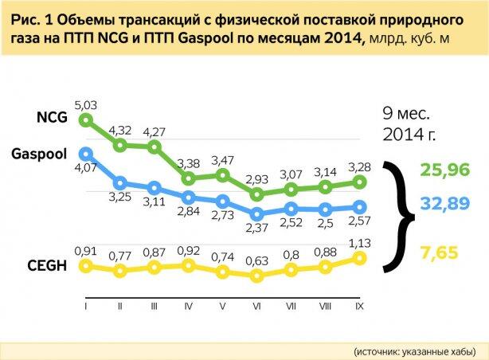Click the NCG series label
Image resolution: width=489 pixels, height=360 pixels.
click(x=53, y=118)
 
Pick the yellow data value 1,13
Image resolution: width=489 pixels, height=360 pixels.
click(x=359, y=245)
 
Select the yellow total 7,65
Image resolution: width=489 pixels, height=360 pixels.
click(x=440, y=252)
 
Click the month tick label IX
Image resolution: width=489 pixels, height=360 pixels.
click(x=360, y=305)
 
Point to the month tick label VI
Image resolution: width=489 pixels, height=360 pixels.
click(x=256, y=305)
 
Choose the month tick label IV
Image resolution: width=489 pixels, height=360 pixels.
click(x=189, y=305)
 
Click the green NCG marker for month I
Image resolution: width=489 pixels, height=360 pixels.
click(x=86, y=121)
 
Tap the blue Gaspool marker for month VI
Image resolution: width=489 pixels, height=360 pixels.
click(x=256, y=213)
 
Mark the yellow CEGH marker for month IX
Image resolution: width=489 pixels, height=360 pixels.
click(x=360, y=258)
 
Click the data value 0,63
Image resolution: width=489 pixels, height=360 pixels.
click(x=256, y=260)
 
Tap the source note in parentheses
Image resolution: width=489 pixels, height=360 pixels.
click(x=415, y=350)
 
